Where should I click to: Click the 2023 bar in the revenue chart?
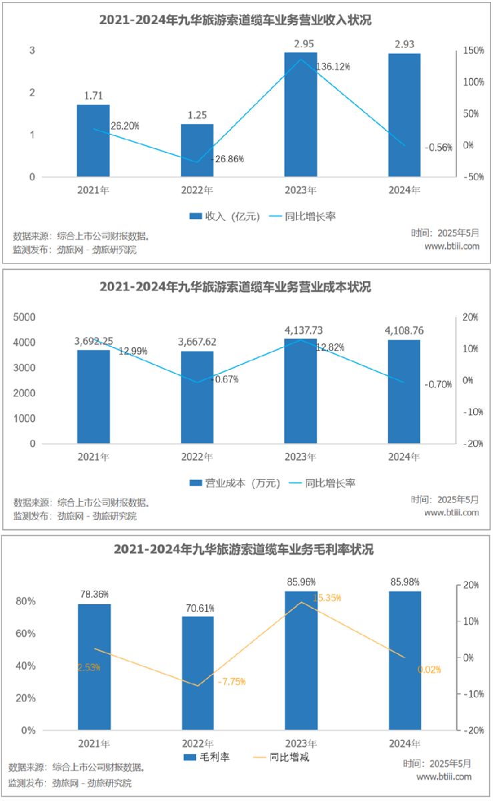(301, 115)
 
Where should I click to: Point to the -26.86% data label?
(227, 160)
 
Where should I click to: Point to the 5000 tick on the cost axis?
(26, 317)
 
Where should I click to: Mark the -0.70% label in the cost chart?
(438, 384)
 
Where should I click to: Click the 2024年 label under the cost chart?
(405, 457)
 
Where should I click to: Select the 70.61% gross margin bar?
(198, 673)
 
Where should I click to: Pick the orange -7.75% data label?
(231, 682)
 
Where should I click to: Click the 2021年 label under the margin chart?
(93, 743)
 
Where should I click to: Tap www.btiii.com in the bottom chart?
(444, 777)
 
